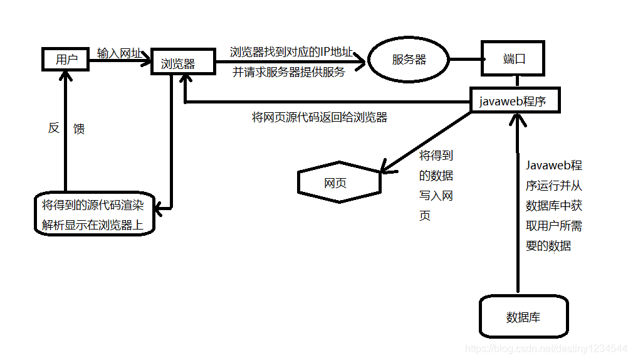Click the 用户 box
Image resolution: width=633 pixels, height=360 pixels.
click(x=66, y=60)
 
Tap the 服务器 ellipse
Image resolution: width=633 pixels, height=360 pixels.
click(x=409, y=60)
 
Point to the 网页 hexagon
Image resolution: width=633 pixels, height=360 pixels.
click(x=339, y=183)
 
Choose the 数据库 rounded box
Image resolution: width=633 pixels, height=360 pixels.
click(x=523, y=317)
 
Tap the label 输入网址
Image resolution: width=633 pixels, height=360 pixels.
click(x=117, y=53)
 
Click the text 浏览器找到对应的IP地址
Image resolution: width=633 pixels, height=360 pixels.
click(x=291, y=51)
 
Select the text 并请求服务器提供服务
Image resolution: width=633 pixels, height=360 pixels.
click(x=289, y=72)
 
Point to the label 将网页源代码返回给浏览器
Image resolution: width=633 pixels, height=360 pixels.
click(x=320, y=117)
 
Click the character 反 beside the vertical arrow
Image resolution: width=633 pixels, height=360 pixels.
click(x=54, y=128)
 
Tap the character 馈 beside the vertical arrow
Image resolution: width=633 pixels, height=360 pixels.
click(x=79, y=129)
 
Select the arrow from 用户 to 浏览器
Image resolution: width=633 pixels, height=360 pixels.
click(x=119, y=61)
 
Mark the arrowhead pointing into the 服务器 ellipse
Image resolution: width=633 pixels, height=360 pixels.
click(x=361, y=61)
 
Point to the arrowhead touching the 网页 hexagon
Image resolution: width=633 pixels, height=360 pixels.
click(x=384, y=169)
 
